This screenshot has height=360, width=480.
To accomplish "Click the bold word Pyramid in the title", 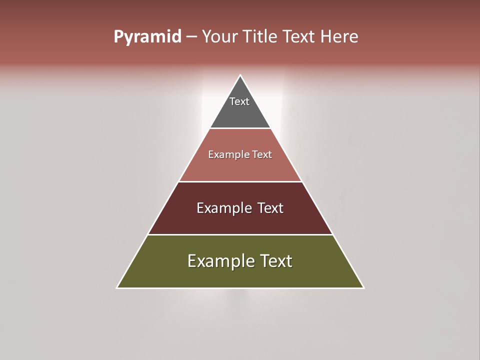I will point(147,37).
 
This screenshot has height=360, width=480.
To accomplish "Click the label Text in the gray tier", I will point(239,101).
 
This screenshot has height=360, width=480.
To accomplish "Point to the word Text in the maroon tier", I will point(270,208).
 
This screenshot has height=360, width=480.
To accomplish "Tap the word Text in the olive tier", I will point(276,261).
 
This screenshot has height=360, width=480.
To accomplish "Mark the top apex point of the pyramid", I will point(240,75).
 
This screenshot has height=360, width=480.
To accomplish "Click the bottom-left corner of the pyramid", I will point(117,287).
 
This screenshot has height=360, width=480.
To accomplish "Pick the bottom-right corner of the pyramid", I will point(363,287).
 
